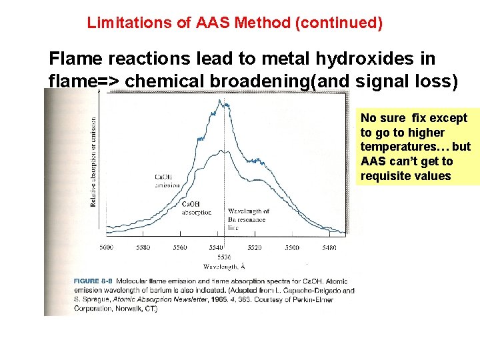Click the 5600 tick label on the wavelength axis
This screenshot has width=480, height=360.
[106, 247]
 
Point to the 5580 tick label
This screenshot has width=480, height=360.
[143, 247]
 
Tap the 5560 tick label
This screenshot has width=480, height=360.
[180, 247]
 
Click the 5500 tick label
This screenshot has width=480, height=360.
[292, 247]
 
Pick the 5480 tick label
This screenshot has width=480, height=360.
[327, 247]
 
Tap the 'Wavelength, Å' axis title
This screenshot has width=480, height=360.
[222, 266]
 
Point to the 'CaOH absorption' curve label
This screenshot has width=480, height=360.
[196, 208]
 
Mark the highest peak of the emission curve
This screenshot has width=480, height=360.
[219, 101]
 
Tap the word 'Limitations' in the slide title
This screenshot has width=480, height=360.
[123, 23]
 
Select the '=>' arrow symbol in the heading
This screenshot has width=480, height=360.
[110, 81]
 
